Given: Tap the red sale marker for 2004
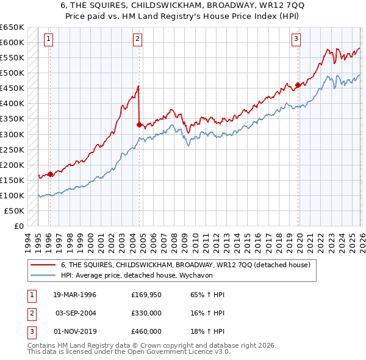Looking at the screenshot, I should tap(139, 124).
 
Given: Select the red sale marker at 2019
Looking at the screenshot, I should tap(298, 85).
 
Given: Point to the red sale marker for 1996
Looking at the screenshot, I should tap(50, 173).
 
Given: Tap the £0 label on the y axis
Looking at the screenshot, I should tap(18, 226).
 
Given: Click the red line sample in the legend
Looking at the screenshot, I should tap(43, 265).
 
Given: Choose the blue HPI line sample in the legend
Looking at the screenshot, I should tap(43, 275).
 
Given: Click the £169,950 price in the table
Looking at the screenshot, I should tap(146, 295).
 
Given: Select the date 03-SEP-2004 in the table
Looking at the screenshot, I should tap(75, 313).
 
